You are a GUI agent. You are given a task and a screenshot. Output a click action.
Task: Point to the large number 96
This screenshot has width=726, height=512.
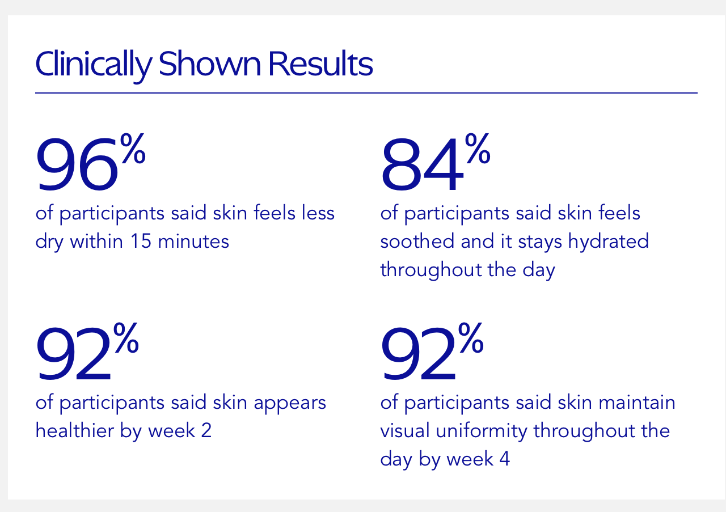[77, 165]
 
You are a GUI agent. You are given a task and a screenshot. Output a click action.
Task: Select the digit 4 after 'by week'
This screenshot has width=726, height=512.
[504, 459]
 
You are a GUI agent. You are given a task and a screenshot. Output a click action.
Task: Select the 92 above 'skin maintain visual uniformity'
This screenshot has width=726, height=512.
[419, 354]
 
